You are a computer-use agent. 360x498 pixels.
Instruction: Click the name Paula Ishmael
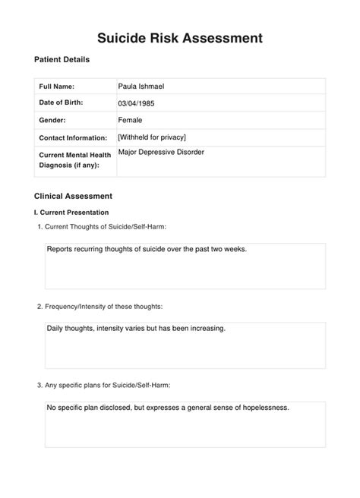(141, 87)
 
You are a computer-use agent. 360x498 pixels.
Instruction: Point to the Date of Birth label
(61, 102)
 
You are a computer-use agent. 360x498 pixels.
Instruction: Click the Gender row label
(53, 120)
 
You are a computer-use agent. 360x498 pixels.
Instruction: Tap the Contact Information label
(73, 137)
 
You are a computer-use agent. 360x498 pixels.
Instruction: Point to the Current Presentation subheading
(71, 213)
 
